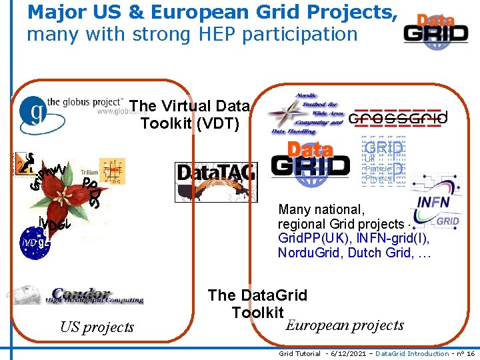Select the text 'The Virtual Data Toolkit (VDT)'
[189, 114]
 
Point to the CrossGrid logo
[398, 118]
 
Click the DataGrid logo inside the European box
[310, 163]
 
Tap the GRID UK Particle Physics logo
[383, 161]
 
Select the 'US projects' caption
[97, 327]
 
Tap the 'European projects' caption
[345, 325]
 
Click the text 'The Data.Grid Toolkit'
[257, 303]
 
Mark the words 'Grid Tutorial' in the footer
[299, 353]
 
